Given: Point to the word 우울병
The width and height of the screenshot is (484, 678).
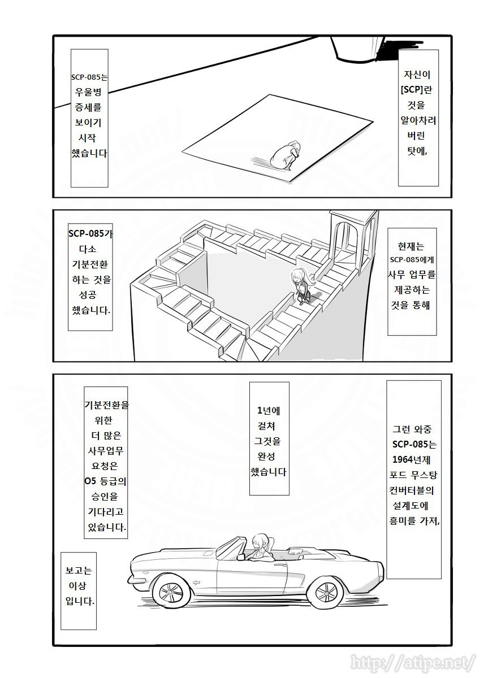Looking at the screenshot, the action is click(x=88, y=92).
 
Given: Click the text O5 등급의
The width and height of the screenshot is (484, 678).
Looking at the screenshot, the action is click(x=105, y=481).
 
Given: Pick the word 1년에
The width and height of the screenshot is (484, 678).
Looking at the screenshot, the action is click(x=269, y=411).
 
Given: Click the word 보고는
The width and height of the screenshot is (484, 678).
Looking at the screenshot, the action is click(x=79, y=571).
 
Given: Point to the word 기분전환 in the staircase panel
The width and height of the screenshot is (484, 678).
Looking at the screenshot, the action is click(x=90, y=264).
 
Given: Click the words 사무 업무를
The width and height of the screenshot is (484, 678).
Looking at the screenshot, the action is click(x=412, y=275).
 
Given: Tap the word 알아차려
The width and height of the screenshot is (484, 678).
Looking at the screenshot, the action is click(x=418, y=120).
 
